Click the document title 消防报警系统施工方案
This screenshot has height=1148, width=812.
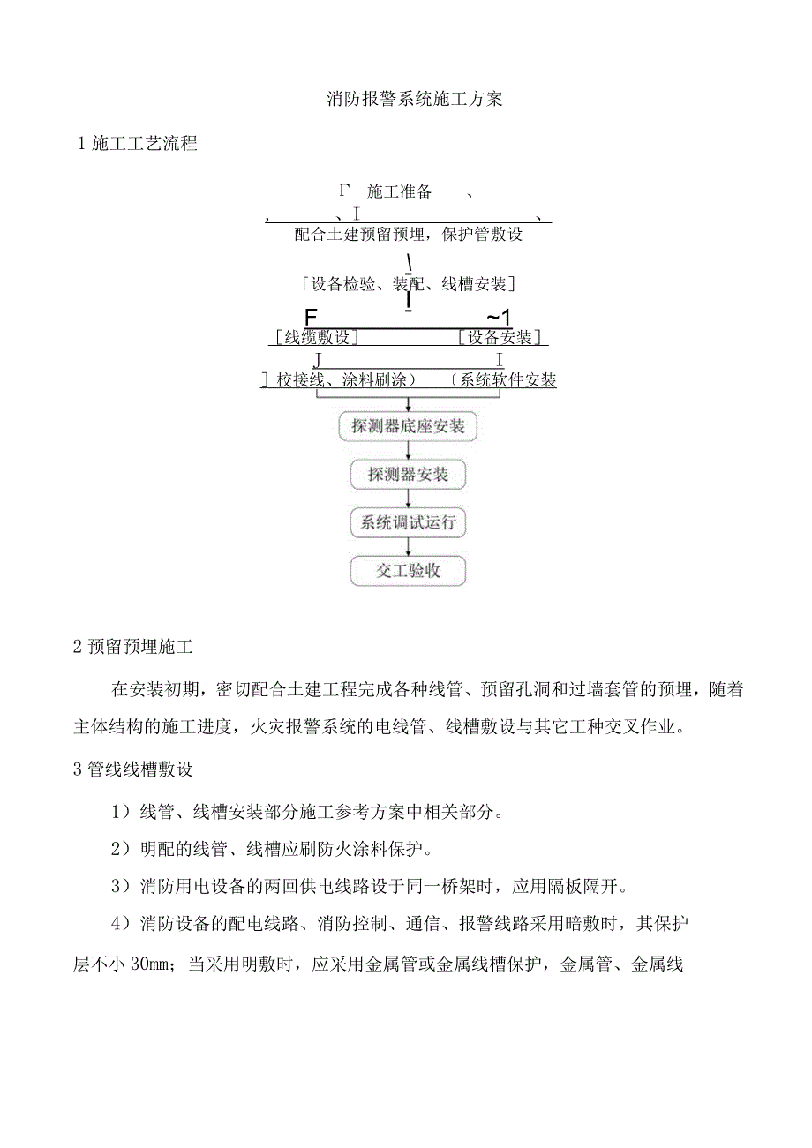pos(414,100)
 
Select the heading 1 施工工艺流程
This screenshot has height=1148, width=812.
pos(139,145)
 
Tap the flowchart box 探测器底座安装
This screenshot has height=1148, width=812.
pos(408,427)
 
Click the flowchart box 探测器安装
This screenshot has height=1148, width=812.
pos(408,475)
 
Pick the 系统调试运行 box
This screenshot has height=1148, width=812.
pos(408,522)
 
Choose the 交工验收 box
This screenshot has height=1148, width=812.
pos(408,570)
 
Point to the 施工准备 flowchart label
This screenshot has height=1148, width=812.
pos(399,191)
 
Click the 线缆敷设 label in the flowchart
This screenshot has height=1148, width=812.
pos(315,337)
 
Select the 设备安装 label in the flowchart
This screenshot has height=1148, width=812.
pos(500,337)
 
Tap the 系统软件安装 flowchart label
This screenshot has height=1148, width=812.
pos(507,380)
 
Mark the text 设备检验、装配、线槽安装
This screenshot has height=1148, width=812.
pos(408,284)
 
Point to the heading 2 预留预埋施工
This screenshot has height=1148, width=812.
pos(133,647)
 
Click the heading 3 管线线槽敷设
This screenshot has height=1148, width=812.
pos(133,769)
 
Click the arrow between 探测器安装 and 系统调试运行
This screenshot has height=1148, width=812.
pos(408,499)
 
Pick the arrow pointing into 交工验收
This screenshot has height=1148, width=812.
pos(408,547)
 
